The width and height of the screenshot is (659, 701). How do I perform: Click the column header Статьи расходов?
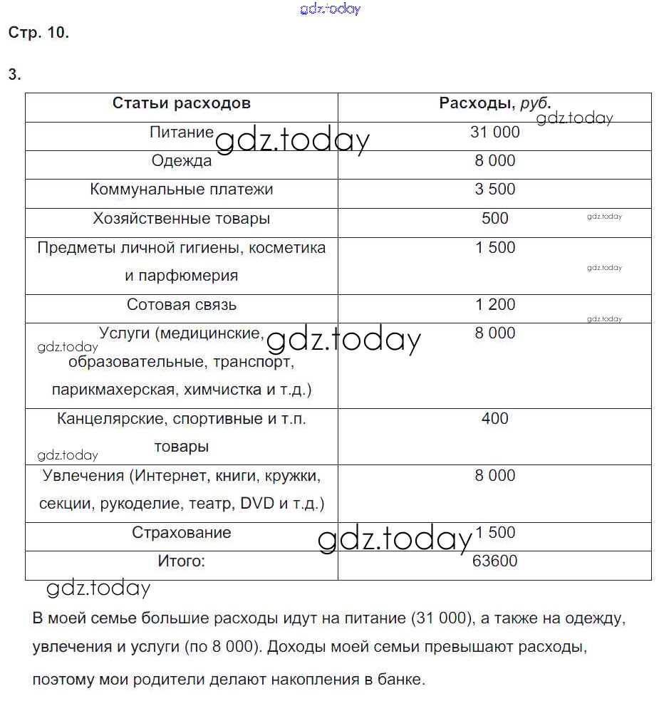(x=181, y=103)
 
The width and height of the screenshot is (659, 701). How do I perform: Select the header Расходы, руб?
(x=494, y=103)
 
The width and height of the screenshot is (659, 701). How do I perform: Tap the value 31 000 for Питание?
(x=494, y=132)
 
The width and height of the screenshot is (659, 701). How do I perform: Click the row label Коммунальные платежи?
(x=181, y=189)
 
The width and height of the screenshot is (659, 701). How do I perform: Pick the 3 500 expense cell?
(x=494, y=189)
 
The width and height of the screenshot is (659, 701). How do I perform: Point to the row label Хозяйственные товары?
(x=181, y=219)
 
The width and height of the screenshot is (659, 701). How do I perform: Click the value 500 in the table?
(x=494, y=219)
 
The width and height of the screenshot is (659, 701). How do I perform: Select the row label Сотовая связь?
(x=181, y=305)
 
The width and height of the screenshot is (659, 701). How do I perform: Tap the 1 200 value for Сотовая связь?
(x=494, y=305)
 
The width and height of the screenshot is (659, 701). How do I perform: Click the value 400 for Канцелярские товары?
(x=494, y=419)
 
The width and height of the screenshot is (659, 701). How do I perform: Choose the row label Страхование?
(x=181, y=533)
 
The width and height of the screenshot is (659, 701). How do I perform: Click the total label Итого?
(x=181, y=561)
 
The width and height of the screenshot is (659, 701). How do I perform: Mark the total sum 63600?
(x=494, y=561)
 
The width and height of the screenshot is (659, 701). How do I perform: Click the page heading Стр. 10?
(x=38, y=33)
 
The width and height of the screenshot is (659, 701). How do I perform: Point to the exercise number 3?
(x=14, y=75)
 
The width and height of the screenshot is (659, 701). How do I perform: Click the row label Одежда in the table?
(x=181, y=161)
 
